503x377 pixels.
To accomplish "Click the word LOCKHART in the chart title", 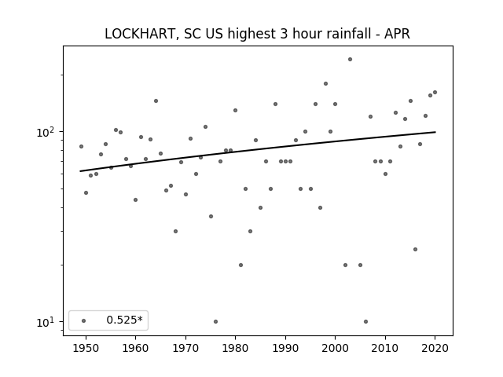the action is tap(140, 34).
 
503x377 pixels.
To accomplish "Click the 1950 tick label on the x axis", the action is tap(86, 348).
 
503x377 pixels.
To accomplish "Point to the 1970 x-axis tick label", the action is tap(185, 348).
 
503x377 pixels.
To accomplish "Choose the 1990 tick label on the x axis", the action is tap(285, 348).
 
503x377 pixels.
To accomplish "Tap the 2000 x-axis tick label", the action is tap(336, 348).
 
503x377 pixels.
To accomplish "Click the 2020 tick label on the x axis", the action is tap(435, 348).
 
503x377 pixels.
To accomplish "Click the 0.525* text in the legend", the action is tap(124, 320).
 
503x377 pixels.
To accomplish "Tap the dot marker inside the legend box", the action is tap(84, 320).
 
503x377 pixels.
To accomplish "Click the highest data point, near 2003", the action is tap(350, 60).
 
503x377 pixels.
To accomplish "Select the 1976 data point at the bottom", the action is tap(215, 321).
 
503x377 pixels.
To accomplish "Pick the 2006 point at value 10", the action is tap(365, 321).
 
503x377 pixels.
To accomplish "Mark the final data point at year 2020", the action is tap(435, 93).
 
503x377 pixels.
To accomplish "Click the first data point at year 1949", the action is tap(81, 147).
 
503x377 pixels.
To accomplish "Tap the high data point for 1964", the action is tap(156, 101).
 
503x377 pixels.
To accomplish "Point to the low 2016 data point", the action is tap(416, 250).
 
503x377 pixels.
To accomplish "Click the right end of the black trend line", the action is tap(435, 132).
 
